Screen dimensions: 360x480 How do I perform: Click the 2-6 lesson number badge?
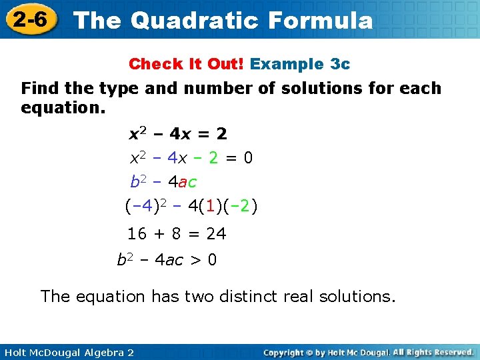tap(29, 19)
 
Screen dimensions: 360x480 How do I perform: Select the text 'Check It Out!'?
tap(187, 64)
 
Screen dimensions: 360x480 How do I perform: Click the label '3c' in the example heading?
tap(340, 64)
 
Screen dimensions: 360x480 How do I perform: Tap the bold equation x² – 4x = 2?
tap(177, 134)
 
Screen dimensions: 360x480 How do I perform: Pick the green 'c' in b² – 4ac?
tap(192, 182)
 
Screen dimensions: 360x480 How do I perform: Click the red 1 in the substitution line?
tap(210, 207)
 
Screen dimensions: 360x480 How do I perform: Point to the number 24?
tap(216, 234)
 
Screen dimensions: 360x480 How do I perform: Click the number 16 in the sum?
tap(137, 234)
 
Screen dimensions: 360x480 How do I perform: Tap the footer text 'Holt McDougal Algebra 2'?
tap(67, 352)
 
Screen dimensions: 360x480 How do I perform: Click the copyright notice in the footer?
tap(369, 352)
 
